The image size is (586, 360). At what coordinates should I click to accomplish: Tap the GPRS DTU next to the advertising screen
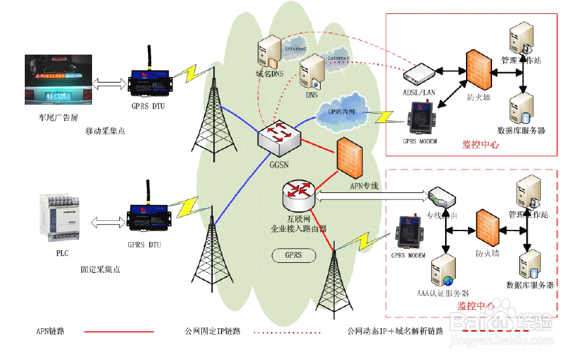(149, 81)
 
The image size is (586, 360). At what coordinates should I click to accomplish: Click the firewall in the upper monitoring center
(479, 67)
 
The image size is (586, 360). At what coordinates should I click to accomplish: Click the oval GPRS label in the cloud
(294, 255)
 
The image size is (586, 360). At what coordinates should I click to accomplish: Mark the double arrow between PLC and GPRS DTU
(107, 222)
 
